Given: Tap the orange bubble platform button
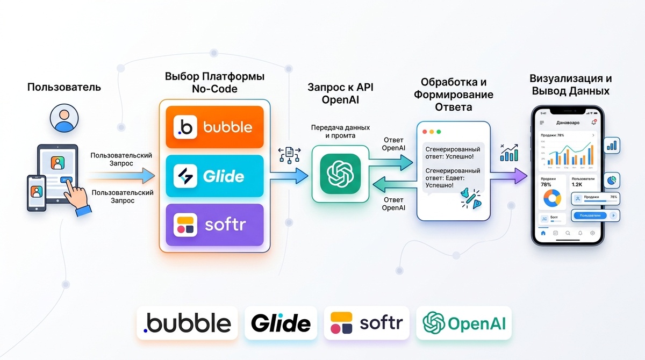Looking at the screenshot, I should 214,127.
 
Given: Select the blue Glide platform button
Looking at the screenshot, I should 214,176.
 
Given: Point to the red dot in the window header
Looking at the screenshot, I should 425,131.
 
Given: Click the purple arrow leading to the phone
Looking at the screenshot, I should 511,175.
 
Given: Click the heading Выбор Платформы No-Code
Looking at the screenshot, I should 214,82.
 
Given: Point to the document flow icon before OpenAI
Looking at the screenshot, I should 289,155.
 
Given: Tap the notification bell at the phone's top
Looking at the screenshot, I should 593,123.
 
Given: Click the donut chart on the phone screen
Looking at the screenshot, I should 551,198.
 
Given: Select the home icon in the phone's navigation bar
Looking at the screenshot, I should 543,233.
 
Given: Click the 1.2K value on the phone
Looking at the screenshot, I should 577,184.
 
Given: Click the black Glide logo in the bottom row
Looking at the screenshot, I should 281,323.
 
